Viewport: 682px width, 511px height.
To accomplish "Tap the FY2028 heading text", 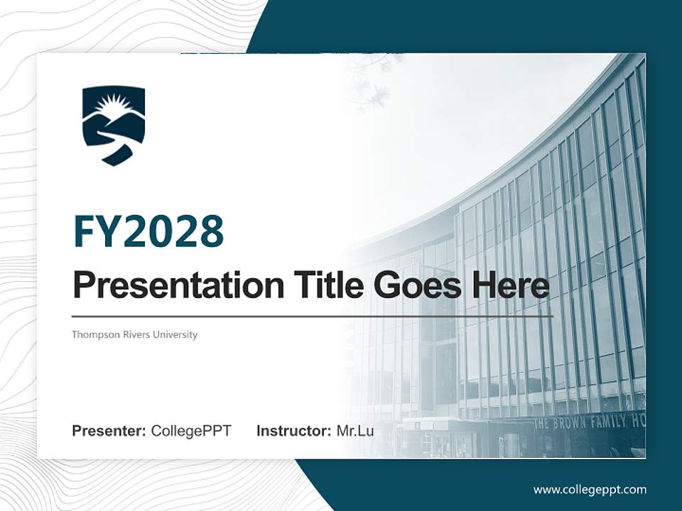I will pyautogui.click(x=148, y=231).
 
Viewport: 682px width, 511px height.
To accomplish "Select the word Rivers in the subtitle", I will pyautogui.click(x=136, y=334).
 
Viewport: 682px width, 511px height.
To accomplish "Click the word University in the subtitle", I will pyautogui.click(x=175, y=334).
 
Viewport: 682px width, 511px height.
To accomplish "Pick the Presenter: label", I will pyautogui.click(x=109, y=431).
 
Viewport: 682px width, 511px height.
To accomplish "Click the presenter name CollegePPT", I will pyautogui.click(x=191, y=431).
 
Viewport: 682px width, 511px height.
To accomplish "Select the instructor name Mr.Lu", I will pyautogui.click(x=355, y=431).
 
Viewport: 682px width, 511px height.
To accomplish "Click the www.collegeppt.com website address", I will pyautogui.click(x=590, y=490).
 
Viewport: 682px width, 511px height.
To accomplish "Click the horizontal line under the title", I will pyautogui.click(x=313, y=316).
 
